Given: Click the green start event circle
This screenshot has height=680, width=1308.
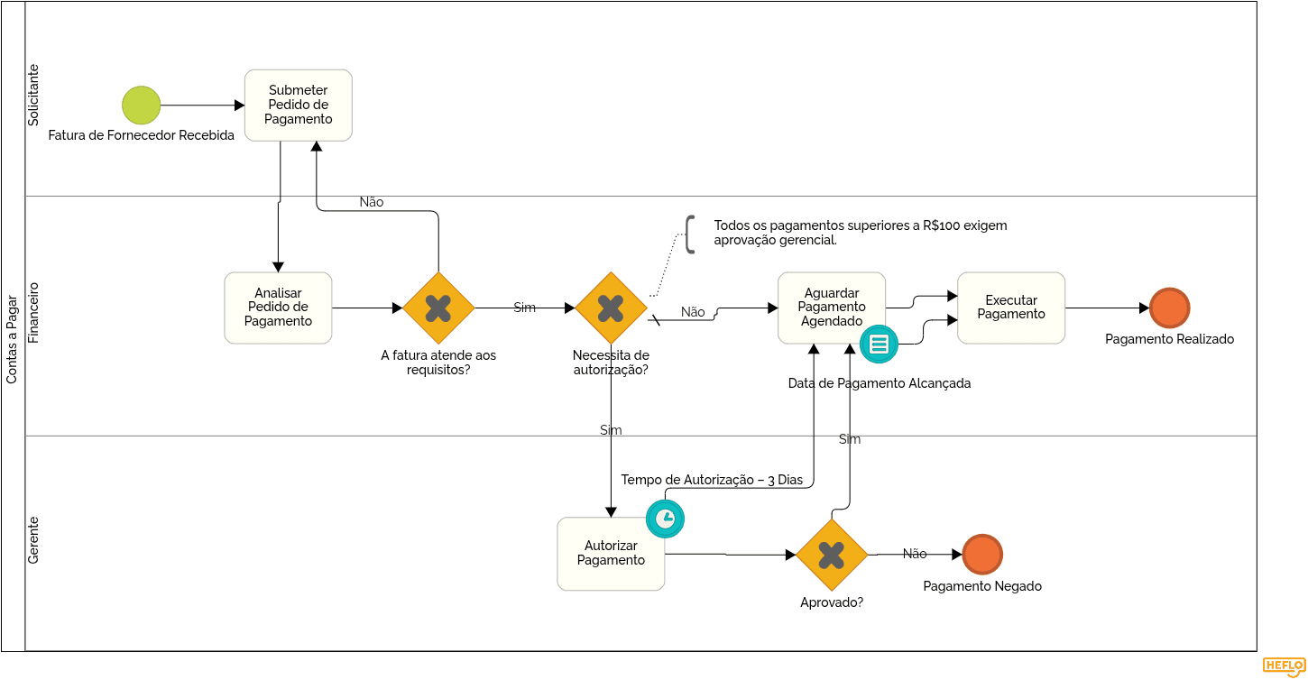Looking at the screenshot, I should coord(142,106).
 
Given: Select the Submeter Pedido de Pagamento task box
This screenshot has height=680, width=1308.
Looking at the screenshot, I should coord(299,106).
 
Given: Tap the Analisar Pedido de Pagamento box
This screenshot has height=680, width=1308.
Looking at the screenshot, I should coord(278,308).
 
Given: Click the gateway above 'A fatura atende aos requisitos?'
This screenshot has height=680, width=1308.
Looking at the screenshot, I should coord(438,308).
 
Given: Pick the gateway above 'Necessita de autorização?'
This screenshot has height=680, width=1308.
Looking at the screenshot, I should coord(611,308).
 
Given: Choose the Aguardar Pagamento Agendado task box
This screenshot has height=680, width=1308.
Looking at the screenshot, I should coord(831,307).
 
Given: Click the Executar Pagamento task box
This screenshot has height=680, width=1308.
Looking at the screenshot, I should coord(1011,308).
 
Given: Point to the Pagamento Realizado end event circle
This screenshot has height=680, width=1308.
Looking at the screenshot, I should coord(1169,308).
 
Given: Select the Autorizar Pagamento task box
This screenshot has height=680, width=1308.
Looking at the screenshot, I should coord(611,554).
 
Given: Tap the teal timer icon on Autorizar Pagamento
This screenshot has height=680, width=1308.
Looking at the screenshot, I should coord(665,519).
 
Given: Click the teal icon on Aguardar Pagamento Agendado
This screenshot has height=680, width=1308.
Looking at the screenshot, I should coord(879,344).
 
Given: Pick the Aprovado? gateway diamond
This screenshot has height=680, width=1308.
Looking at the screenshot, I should coord(831,555).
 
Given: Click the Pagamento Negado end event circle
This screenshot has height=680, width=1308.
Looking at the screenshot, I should coord(982,554).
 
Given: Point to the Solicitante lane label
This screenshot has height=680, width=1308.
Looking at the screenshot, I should coord(34,95).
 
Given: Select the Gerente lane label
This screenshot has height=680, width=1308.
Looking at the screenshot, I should coord(34,540).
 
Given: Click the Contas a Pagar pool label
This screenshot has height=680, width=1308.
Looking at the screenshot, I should coord(13,339).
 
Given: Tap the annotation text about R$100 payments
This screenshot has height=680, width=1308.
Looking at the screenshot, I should coord(860,233).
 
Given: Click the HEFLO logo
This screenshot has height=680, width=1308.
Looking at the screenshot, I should coord(1284,666).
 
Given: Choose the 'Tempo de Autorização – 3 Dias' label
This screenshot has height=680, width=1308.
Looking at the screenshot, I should coord(712,480).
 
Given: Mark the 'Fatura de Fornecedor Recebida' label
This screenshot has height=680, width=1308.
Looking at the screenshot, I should coord(142,135).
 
